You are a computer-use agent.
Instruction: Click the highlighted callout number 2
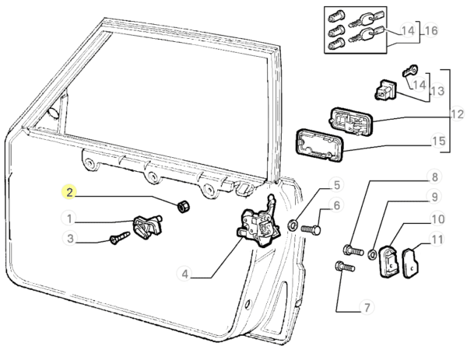coord(70,191)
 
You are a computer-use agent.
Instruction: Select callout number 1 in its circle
coord(70,218)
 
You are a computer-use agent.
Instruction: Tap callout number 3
coord(70,239)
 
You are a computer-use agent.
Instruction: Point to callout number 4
coord(184,274)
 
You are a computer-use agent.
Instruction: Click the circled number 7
coord(366,308)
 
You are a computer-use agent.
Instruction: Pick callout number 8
coord(435,177)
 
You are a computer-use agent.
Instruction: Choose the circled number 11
coord(437,240)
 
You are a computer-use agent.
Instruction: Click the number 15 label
coord(438,142)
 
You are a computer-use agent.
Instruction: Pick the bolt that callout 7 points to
coord(344,268)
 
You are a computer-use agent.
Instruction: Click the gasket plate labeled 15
coord(319,147)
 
